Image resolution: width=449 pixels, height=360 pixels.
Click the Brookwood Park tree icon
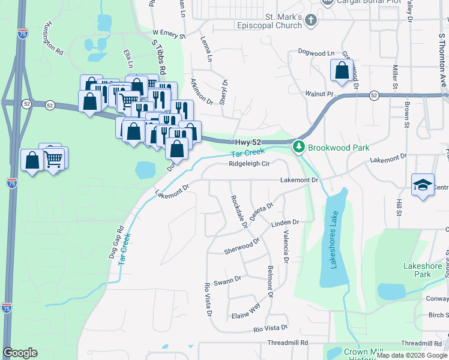(x=298, y=147)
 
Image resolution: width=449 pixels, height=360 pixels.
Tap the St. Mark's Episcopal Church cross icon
(x=310, y=21)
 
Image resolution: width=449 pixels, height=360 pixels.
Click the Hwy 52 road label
(x=247, y=142)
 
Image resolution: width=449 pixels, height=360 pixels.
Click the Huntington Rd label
(x=53, y=40)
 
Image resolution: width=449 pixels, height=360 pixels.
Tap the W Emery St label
(x=169, y=34)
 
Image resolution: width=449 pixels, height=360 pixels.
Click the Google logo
(x=20, y=353)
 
